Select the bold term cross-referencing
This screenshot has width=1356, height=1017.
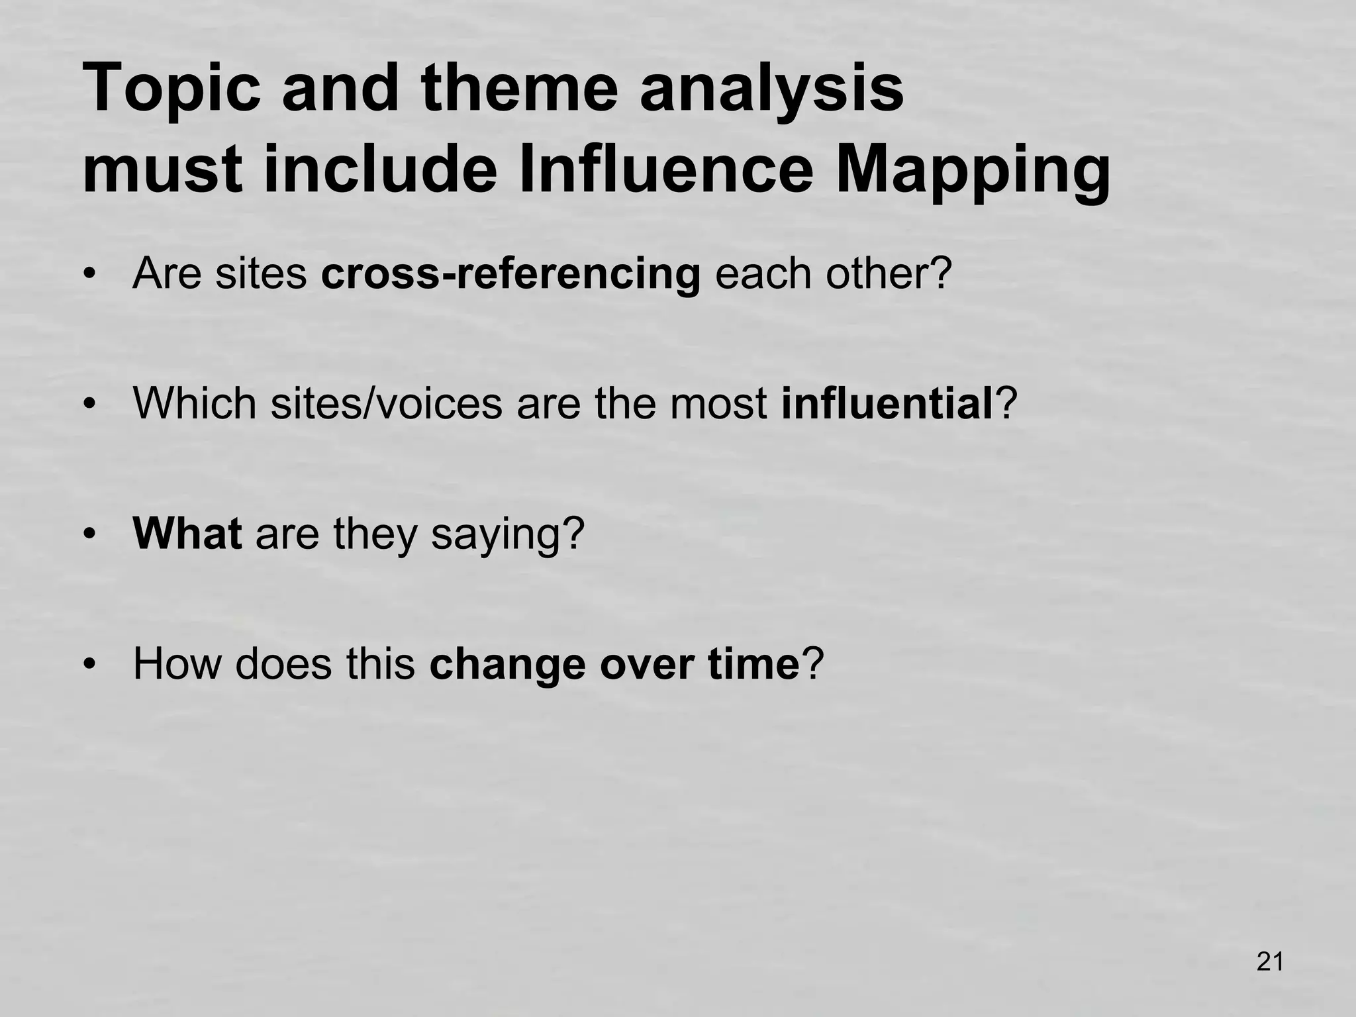coord(510,273)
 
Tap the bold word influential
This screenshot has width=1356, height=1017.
coord(887,403)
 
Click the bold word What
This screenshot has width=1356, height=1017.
coord(187,534)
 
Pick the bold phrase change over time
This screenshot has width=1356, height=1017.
coord(615,664)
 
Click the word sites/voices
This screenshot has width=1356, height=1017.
coord(386,403)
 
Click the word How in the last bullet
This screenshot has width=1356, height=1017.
coord(176,664)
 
